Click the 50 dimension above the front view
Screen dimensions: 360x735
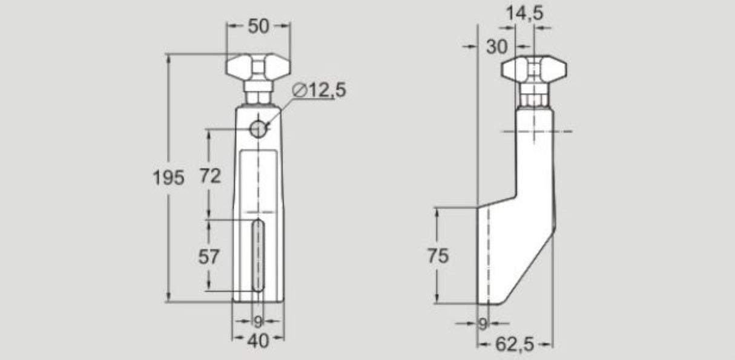[x=258, y=26]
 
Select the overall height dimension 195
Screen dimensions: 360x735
[x=168, y=177]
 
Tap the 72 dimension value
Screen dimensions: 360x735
[x=209, y=176]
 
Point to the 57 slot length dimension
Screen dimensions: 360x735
[x=209, y=256]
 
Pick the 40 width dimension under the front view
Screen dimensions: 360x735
[x=258, y=341]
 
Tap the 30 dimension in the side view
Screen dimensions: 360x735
[x=498, y=47]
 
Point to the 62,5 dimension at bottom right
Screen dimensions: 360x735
[x=515, y=344]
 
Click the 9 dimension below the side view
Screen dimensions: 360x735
[x=482, y=324]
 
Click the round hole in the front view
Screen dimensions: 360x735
[x=259, y=128]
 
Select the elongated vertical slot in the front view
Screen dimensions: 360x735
[x=258, y=256]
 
